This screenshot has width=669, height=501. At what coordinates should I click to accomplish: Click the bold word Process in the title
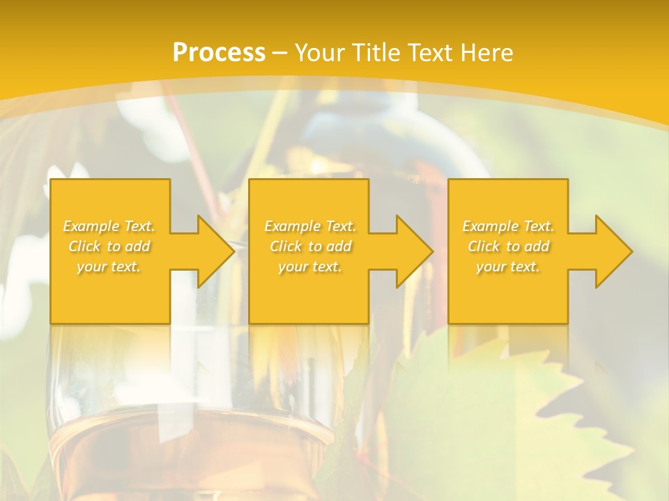219,53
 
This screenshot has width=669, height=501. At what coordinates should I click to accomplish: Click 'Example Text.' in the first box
109,226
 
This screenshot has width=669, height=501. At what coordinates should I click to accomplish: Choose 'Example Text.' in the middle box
310,226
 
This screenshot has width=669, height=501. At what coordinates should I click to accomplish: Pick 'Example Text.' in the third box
508,226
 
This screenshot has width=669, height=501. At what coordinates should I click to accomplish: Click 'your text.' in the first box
109,267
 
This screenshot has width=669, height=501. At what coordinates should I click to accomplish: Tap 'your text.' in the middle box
310,267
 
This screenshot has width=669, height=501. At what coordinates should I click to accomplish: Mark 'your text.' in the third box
508,267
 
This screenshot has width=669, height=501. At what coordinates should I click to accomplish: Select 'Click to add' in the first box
109,246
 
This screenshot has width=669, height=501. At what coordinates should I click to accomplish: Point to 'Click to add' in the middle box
310,246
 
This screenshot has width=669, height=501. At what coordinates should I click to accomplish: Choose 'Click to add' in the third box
508,246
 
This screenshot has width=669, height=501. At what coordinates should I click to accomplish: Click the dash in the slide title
279,54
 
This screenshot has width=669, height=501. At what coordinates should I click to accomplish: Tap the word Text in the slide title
426,53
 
